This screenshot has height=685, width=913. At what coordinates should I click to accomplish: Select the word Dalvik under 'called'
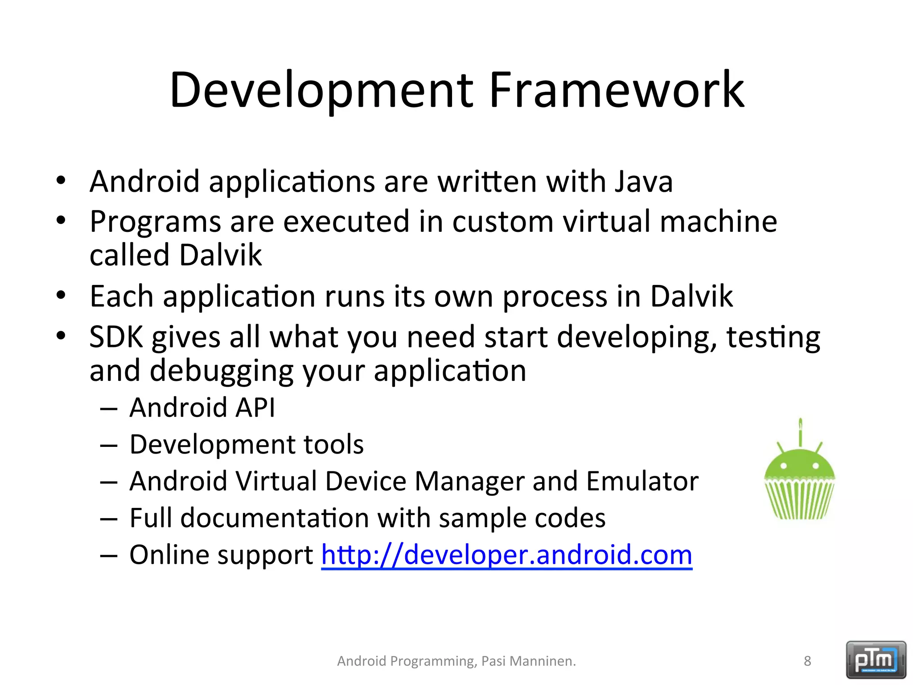(220, 255)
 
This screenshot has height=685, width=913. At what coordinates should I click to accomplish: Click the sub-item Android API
(202, 408)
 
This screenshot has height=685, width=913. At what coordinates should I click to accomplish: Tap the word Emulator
(642, 481)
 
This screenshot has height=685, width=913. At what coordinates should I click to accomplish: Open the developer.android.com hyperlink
(506, 555)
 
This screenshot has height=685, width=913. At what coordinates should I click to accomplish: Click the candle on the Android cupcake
(801, 432)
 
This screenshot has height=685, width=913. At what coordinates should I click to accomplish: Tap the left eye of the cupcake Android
(784, 466)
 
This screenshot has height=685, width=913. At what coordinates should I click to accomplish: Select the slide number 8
(807, 661)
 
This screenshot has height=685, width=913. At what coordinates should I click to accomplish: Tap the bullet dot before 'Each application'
(61, 295)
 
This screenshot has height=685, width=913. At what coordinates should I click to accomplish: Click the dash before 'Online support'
(109, 556)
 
